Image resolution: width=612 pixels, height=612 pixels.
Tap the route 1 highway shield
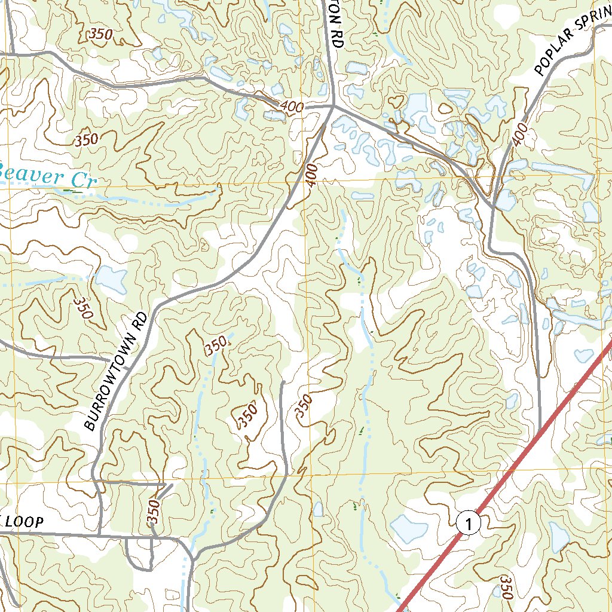pyautogui.click(x=469, y=524)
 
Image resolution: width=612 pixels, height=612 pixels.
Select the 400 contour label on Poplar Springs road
pyautogui.click(x=520, y=134)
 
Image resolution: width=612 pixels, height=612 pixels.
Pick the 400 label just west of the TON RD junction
pyautogui.click(x=291, y=107)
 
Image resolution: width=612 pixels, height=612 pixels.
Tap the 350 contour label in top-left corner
pyautogui.click(x=100, y=35)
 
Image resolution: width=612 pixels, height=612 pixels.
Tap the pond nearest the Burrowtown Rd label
pyautogui.click(x=111, y=279)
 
